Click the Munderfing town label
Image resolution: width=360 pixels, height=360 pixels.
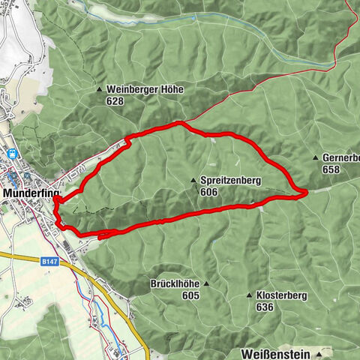28,193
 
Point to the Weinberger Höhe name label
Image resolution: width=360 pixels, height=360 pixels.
145,89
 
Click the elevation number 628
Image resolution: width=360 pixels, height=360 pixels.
114,100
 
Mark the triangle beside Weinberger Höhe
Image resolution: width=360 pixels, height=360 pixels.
100,89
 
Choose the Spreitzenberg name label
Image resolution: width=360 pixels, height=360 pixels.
231,181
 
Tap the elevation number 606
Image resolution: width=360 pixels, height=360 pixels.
209,192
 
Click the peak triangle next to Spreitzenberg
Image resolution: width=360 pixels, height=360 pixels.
193,181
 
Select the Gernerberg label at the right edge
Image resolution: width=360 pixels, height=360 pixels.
341,158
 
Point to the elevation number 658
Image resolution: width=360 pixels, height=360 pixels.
331,169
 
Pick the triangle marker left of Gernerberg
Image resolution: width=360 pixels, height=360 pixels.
316,158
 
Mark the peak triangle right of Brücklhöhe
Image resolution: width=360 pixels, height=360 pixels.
207,284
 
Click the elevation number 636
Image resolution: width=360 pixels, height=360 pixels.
264,307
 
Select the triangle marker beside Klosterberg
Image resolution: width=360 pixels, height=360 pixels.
249,295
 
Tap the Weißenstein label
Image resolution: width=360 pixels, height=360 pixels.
276,352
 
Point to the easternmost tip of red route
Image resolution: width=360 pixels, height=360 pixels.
307,193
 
